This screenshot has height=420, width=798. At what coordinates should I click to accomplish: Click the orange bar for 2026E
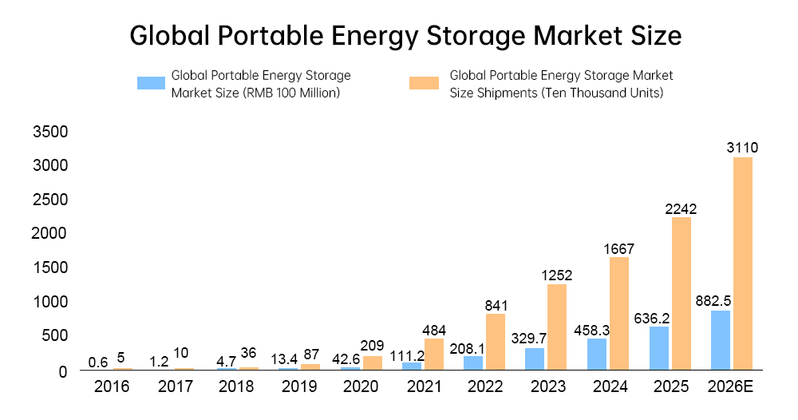[742, 263]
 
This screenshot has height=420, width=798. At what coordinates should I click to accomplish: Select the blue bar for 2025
[658, 348]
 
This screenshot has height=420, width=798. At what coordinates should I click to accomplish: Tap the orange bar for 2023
[557, 327]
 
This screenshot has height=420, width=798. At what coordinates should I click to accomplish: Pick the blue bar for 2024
[597, 354]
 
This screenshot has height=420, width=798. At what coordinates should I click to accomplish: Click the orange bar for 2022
[496, 342]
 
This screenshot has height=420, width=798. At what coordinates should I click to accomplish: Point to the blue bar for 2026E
[720, 340]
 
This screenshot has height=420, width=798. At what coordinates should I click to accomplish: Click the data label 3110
[742, 148]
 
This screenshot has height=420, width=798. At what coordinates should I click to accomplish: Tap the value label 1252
[556, 275]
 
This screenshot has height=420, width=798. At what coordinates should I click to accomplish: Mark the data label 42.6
[346, 358]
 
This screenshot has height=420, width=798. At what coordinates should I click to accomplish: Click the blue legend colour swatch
[151, 83]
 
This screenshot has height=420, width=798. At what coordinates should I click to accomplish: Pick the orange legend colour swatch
[423, 83]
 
